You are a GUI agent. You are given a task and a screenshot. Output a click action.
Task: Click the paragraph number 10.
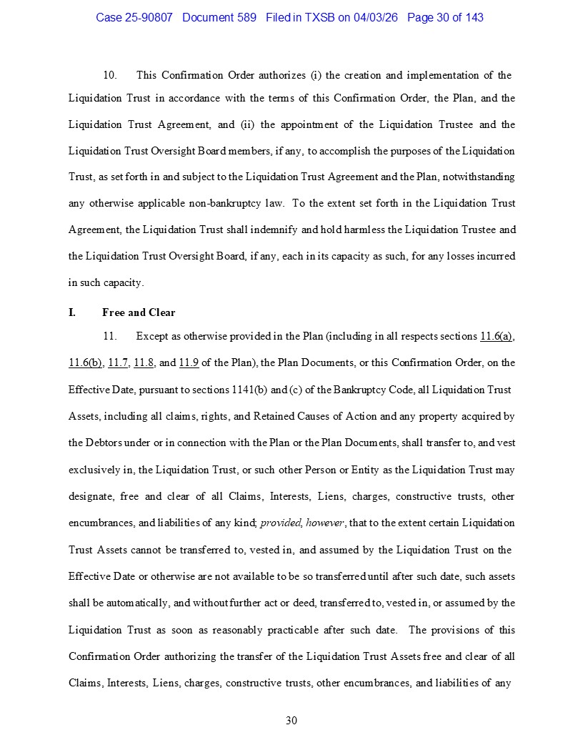click(110, 75)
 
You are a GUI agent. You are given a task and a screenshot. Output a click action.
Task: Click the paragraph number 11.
click(110, 336)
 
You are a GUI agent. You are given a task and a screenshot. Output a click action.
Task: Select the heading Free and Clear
click(139, 312)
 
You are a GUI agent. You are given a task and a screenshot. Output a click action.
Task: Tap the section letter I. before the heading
click(72, 312)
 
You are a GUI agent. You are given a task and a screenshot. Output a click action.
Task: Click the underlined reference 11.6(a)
click(497, 336)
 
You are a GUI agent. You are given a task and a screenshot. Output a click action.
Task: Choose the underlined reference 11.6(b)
click(84, 362)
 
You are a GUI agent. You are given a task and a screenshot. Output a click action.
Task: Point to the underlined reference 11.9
click(189, 362)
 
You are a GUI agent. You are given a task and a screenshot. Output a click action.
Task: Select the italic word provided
click(281, 523)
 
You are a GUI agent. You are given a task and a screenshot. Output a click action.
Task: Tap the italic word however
click(326, 523)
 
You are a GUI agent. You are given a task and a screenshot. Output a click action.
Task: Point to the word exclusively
click(94, 470)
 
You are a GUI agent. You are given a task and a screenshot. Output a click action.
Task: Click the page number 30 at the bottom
click(291, 721)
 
